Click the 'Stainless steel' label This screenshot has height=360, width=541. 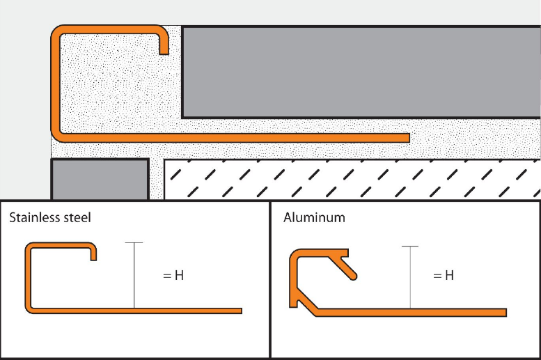[49, 218]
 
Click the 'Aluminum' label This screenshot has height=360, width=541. [314, 218]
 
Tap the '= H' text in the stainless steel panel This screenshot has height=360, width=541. [173, 276]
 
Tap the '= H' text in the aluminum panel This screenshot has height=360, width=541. [444, 276]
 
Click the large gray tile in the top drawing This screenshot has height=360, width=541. [361, 72]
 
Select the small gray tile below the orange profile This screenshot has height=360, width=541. [100, 180]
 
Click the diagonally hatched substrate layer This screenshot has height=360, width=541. [352, 179]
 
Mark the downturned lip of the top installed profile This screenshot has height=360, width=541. [164, 46]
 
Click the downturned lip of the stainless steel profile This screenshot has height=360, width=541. [93, 254]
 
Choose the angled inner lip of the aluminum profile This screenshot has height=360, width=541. [348, 265]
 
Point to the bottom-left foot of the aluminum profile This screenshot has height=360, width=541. [293, 302]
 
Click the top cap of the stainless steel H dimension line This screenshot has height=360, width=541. [134, 243]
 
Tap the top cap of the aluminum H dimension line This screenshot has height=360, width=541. [411, 246]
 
